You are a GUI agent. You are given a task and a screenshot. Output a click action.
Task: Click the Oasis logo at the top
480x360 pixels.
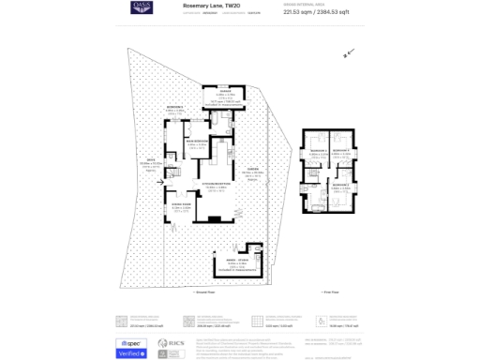[142, 7]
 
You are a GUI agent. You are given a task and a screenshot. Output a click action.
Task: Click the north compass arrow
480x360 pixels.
[348, 53]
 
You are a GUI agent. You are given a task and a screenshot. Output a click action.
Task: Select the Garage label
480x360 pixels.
[225, 90]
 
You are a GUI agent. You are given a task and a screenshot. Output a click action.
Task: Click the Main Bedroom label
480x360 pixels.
[198, 141]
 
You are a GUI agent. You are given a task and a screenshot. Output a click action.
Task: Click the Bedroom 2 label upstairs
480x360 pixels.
[339, 185]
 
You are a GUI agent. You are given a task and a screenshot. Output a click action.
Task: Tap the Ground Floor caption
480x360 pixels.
[204, 292]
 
